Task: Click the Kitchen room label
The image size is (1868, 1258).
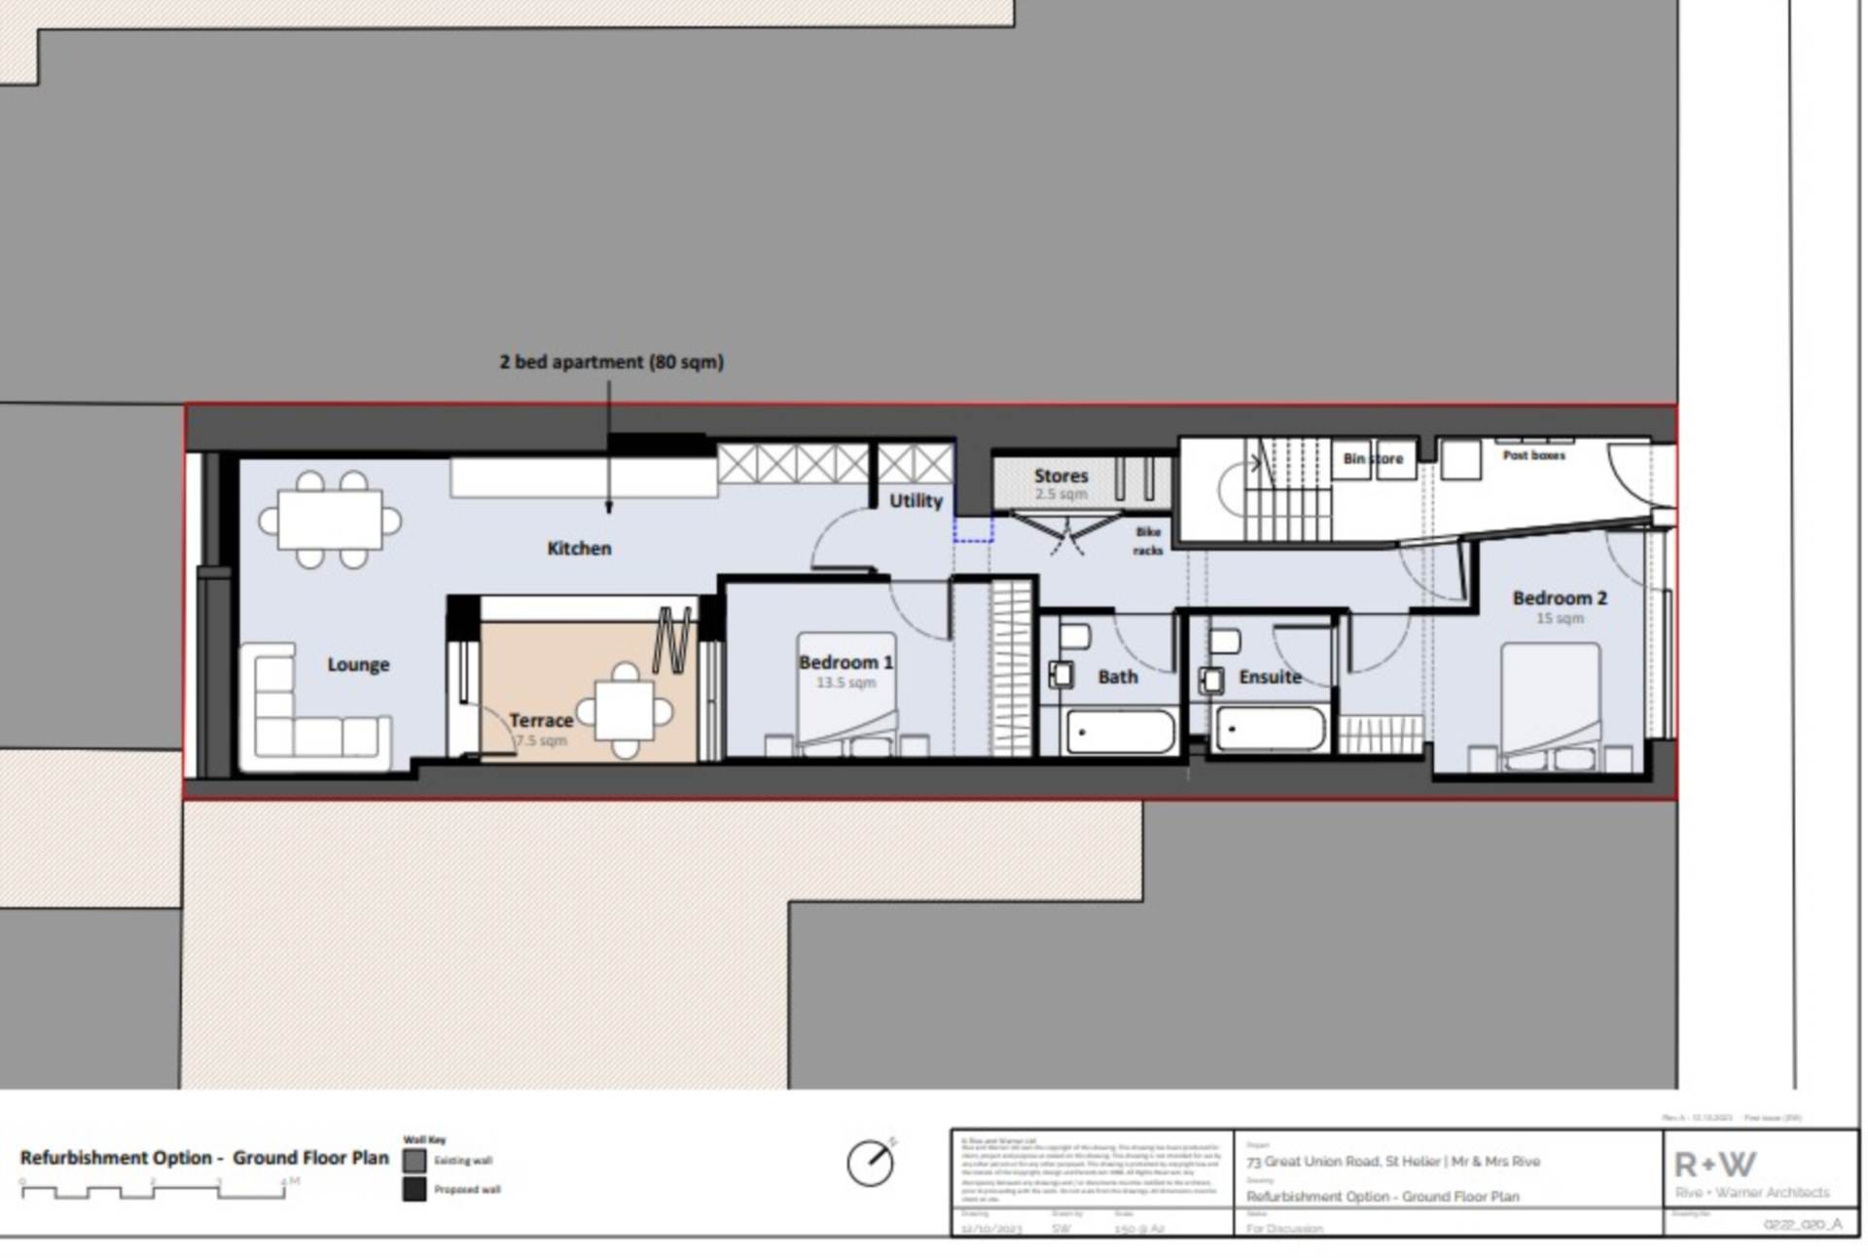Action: [x=579, y=549]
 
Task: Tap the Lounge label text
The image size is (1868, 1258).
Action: [x=358, y=665]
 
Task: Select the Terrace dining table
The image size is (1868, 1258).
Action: [x=624, y=711]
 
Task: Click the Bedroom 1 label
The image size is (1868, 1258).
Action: [x=844, y=663]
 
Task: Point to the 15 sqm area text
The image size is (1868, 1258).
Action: [x=1560, y=619]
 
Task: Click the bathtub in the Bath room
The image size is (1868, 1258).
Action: [x=1120, y=732]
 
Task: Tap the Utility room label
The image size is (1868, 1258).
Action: [x=916, y=501]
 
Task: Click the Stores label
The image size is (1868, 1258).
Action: [x=1060, y=476]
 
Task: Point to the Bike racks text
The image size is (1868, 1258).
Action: [x=1148, y=541]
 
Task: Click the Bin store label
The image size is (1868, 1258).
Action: [x=1373, y=458]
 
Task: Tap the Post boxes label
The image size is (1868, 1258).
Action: [x=1533, y=455]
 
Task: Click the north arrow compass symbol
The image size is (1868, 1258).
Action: [x=870, y=1163]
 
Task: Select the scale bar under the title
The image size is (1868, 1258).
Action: [x=153, y=1190]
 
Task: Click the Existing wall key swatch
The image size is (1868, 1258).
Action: [x=414, y=1161]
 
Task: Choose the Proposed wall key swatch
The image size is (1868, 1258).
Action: [x=414, y=1189]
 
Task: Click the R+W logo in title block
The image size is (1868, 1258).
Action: [x=1714, y=1165]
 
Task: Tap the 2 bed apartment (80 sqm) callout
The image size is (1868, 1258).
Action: [x=611, y=362]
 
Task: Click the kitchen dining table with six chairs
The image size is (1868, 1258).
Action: [x=330, y=521]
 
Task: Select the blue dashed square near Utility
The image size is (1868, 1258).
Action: [x=973, y=530]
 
